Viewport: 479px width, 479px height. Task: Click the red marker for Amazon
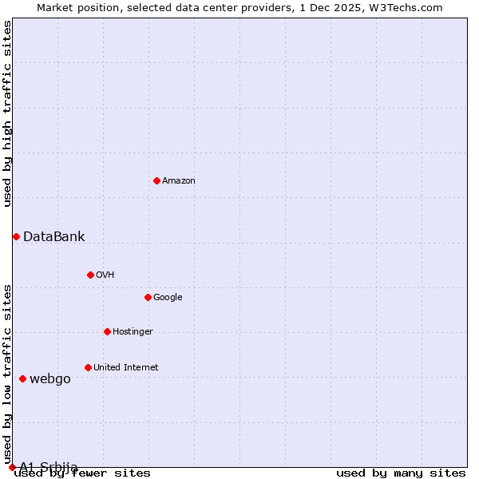pyautogui.click(x=156, y=180)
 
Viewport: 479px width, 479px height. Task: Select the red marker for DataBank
pyautogui.click(x=16, y=236)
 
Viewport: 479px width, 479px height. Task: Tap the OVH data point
pyautogui.click(x=90, y=275)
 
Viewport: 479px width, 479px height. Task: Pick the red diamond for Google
pyautogui.click(x=148, y=297)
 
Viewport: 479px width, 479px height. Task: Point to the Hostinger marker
pyautogui.click(x=107, y=331)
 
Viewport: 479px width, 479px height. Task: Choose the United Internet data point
pyautogui.click(x=88, y=367)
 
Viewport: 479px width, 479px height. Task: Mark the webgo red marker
pyautogui.click(x=22, y=378)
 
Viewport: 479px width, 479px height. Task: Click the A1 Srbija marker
pyautogui.click(x=12, y=467)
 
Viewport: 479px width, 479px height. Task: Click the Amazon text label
pyautogui.click(x=179, y=181)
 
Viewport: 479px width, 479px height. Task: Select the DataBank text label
pyautogui.click(x=53, y=236)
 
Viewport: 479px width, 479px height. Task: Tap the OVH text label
pyautogui.click(x=105, y=275)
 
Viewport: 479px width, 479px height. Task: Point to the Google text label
pyautogui.click(x=168, y=298)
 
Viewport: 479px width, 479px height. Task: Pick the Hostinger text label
pyautogui.click(x=133, y=332)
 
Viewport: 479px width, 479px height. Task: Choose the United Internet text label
pyautogui.click(x=125, y=368)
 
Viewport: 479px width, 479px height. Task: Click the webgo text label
pyautogui.click(x=49, y=379)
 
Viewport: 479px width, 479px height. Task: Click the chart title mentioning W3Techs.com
pyautogui.click(x=239, y=7)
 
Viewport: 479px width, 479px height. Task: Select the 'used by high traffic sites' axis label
pyautogui.click(x=7, y=113)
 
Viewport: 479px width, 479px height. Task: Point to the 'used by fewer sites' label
pyautogui.click(x=82, y=473)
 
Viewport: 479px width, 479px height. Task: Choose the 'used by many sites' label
pyautogui.click(x=401, y=473)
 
